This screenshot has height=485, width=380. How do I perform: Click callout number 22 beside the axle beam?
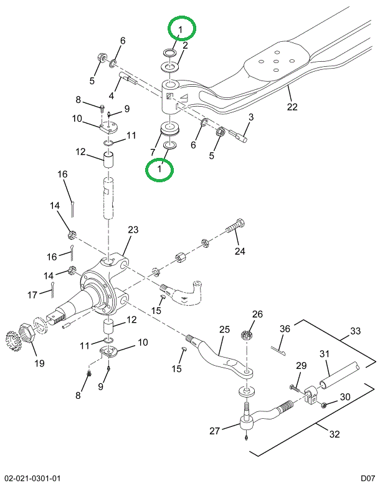(x=293, y=106)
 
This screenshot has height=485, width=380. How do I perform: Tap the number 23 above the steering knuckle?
(x=133, y=230)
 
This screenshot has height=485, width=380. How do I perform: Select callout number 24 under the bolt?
(x=240, y=252)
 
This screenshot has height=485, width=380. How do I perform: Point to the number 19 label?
(x=39, y=363)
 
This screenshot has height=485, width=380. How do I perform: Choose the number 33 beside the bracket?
(x=355, y=330)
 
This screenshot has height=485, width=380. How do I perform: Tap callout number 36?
(x=285, y=329)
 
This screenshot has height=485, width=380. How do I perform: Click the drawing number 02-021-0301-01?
(x=31, y=478)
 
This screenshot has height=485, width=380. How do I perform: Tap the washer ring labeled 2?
(x=169, y=66)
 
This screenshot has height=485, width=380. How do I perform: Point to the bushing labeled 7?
(x=169, y=129)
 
